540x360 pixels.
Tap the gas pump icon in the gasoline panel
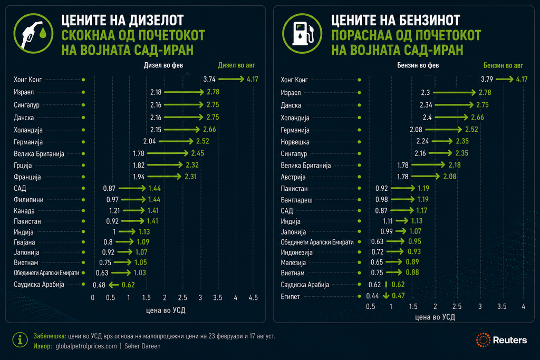(302, 33)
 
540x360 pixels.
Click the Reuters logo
(502, 340)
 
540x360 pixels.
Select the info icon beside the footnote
(20, 340)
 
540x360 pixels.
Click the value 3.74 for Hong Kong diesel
(209, 79)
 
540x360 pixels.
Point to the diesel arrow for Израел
(184, 92)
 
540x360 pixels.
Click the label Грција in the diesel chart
(23, 165)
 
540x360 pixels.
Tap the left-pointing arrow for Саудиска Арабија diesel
(114, 285)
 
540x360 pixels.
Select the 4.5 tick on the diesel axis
(253, 297)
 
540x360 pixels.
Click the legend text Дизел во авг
(237, 65)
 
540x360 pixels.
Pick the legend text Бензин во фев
(418, 65)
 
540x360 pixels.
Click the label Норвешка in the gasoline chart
(295, 142)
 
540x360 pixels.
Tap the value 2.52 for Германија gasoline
(471, 130)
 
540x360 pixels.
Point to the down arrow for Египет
(386, 295)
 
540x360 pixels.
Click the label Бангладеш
(296, 200)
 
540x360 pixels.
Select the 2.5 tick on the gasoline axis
(457, 306)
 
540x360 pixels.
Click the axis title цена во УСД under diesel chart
(166, 310)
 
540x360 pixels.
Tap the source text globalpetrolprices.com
(86, 346)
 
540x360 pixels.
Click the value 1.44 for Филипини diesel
(155, 199)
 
